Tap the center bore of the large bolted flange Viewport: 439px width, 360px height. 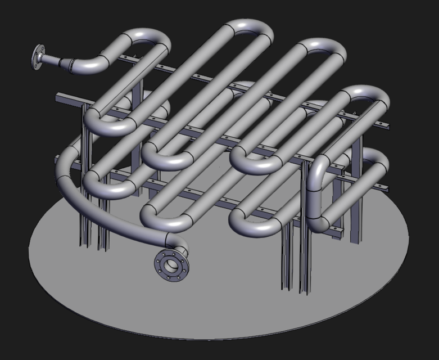[x=171, y=264]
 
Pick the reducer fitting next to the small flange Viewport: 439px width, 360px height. [x=71, y=64]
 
